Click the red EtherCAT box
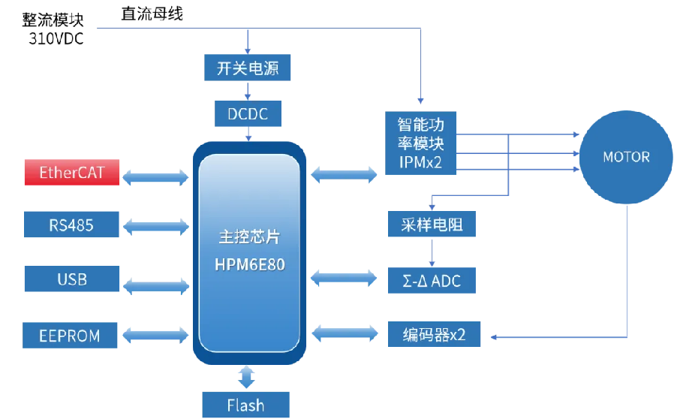(72, 173)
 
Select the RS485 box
(72, 225)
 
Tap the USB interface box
(72, 279)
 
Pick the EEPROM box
(70, 335)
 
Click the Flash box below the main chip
(245, 405)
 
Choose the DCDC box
(247, 114)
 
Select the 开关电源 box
(247, 69)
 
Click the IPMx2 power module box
(421, 143)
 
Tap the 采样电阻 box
(432, 225)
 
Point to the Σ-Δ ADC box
(432, 282)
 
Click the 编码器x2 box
(434, 334)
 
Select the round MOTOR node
(626, 158)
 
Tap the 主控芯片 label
(249, 237)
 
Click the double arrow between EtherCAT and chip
(156, 177)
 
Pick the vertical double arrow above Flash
(246, 376)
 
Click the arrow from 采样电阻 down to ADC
(432, 252)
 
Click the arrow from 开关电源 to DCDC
(247, 92)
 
